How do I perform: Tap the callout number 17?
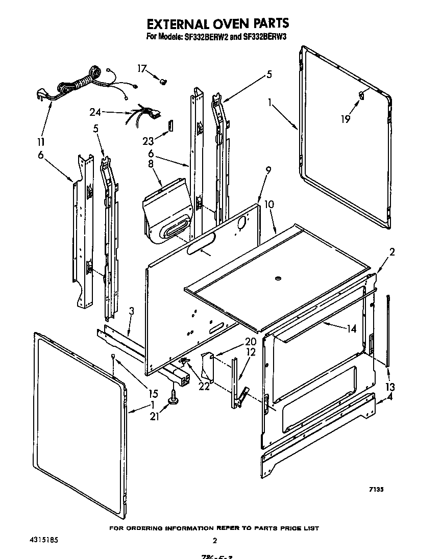141,68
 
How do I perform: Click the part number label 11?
40,141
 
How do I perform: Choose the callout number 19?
346,119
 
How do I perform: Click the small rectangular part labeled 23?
170,125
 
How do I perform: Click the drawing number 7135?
376,489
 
